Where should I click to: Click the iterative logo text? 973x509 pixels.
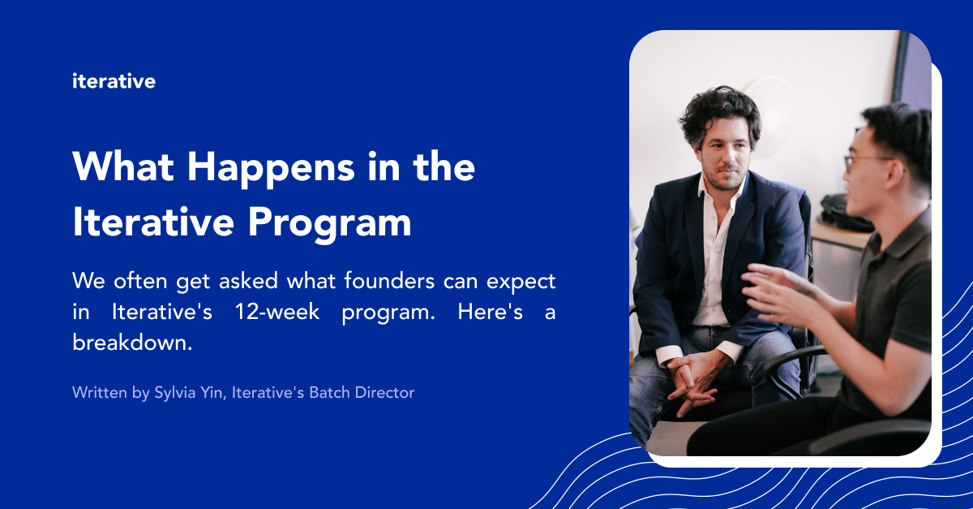click(x=114, y=81)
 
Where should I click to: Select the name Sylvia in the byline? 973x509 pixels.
click(x=175, y=393)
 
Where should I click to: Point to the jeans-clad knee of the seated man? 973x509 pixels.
click(x=649, y=382)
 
